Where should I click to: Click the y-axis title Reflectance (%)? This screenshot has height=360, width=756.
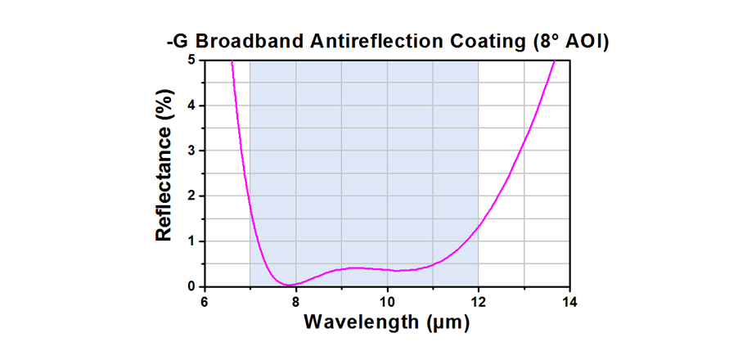[x=164, y=173]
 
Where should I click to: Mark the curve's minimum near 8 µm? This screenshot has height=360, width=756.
[x=290, y=285]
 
